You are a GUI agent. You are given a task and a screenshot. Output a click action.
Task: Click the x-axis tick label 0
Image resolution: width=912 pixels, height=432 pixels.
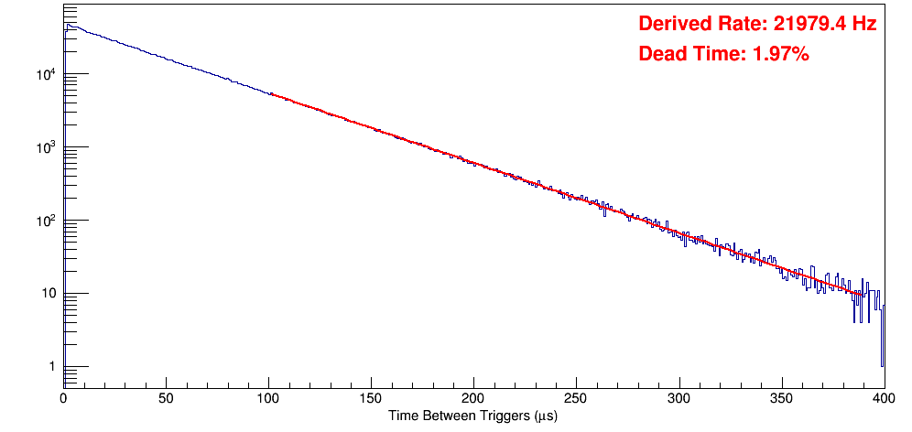coord(63,398)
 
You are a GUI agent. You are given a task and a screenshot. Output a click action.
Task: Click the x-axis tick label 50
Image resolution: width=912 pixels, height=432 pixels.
coord(166,398)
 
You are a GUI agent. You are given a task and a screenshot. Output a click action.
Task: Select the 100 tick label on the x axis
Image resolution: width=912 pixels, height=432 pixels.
coord(268,398)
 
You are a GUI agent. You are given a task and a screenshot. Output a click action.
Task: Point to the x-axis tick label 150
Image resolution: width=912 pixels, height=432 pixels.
coord(371,398)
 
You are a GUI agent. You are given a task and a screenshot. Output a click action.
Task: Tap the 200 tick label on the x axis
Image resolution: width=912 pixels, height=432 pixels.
coord(473,398)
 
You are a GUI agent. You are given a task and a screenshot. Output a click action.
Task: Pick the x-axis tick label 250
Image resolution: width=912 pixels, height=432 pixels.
coord(576,398)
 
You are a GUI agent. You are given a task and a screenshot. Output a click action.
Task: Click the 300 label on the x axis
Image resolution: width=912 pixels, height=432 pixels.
coord(679,398)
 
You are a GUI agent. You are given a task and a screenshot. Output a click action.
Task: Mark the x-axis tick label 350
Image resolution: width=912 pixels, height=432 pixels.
coord(781,398)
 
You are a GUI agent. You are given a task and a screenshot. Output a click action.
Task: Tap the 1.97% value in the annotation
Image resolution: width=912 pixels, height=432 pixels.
coord(780,55)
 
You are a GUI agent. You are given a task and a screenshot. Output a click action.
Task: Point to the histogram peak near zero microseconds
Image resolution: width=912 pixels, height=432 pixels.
coord(68,26)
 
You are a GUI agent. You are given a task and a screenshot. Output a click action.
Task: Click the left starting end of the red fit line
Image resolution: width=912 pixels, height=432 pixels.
coord(271,94)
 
